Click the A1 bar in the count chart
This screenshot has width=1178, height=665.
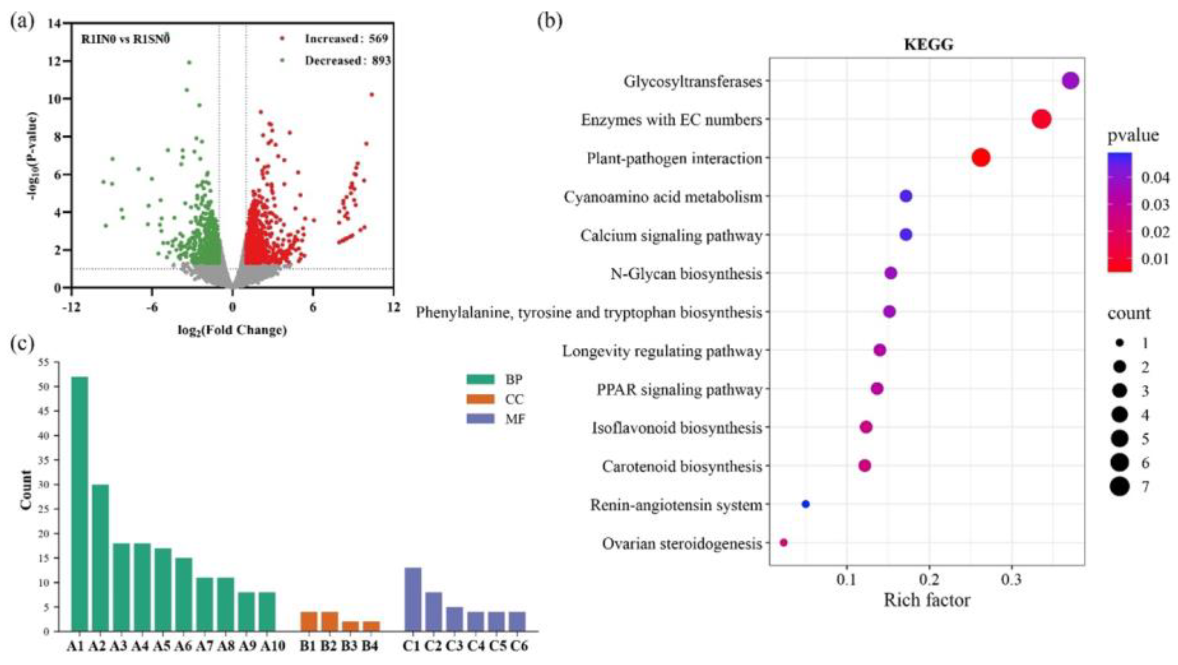(x=79, y=503)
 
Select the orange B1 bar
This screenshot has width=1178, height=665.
(x=309, y=622)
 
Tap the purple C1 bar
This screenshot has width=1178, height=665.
(x=413, y=599)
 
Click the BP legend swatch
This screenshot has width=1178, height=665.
(x=480, y=379)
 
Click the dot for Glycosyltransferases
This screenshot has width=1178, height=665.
(x=1071, y=81)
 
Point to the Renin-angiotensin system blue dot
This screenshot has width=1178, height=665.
(x=806, y=504)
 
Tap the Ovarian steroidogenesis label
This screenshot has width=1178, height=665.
(x=682, y=544)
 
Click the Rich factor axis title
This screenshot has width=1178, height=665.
(x=927, y=600)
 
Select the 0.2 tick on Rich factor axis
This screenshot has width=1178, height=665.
(x=929, y=580)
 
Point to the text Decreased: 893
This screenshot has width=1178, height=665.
(x=347, y=60)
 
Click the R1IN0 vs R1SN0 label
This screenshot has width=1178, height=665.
(x=125, y=39)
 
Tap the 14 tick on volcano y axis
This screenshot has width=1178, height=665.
(x=54, y=23)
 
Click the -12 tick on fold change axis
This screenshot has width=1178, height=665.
(x=71, y=307)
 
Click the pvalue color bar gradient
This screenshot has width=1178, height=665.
(x=1119, y=213)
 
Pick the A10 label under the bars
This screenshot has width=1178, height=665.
(x=273, y=646)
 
